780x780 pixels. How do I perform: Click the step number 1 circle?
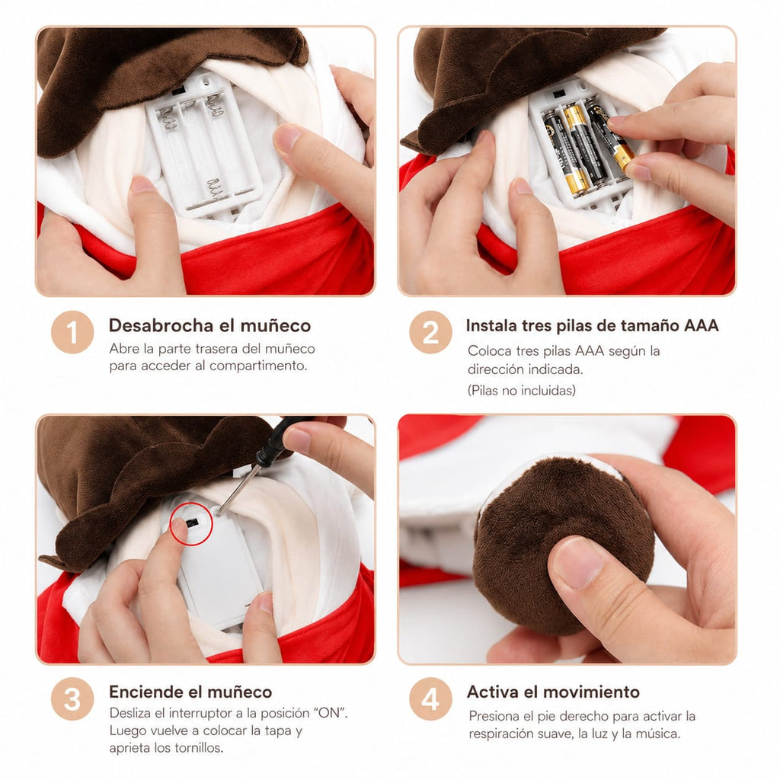(x=72, y=332)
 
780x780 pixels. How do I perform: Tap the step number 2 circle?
(x=431, y=332)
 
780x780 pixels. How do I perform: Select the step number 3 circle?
(x=72, y=699)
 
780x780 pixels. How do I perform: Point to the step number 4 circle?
(x=431, y=699)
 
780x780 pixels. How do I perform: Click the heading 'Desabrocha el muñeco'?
(x=210, y=325)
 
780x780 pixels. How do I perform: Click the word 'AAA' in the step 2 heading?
(x=702, y=325)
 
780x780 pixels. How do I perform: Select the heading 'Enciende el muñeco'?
(x=190, y=692)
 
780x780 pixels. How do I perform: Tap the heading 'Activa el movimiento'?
(x=553, y=692)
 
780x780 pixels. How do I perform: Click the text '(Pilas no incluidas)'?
(x=521, y=391)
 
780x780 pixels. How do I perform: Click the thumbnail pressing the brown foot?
(x=577, y=563)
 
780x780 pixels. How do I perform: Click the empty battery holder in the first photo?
(x=205, y=144)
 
